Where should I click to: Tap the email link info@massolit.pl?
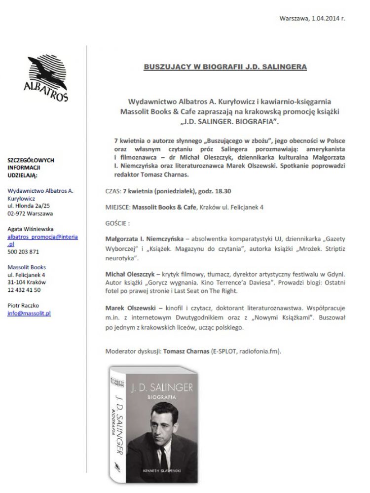(x=29, y=313)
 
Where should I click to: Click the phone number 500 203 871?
(x=23, y=251)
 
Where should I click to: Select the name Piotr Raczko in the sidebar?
(x=24, y=306)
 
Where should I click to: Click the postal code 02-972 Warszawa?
(x=31, y=213)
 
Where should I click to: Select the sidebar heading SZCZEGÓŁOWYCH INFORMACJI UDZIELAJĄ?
(x=31, y=167)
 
